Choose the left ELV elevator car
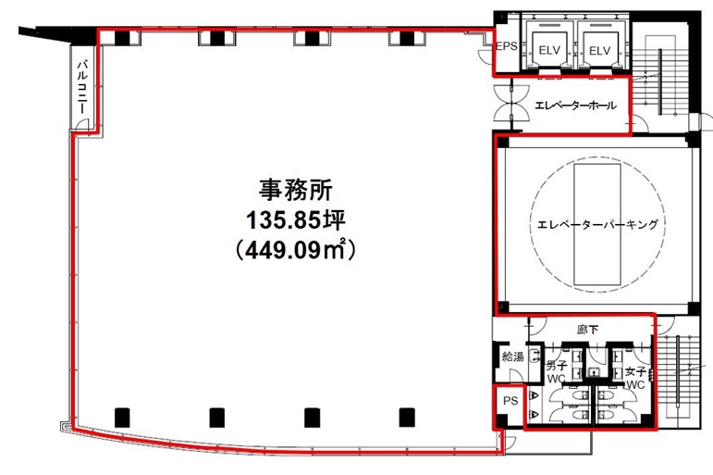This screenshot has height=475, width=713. [x=547, y=48]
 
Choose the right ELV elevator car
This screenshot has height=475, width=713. [x=600, y=48]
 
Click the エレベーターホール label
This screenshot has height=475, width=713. [x=575, y=106]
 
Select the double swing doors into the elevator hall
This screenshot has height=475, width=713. [x=510, y=103]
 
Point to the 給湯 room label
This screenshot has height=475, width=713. [x=512, y=357]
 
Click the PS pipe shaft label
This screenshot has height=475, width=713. [x=509, y=402]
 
